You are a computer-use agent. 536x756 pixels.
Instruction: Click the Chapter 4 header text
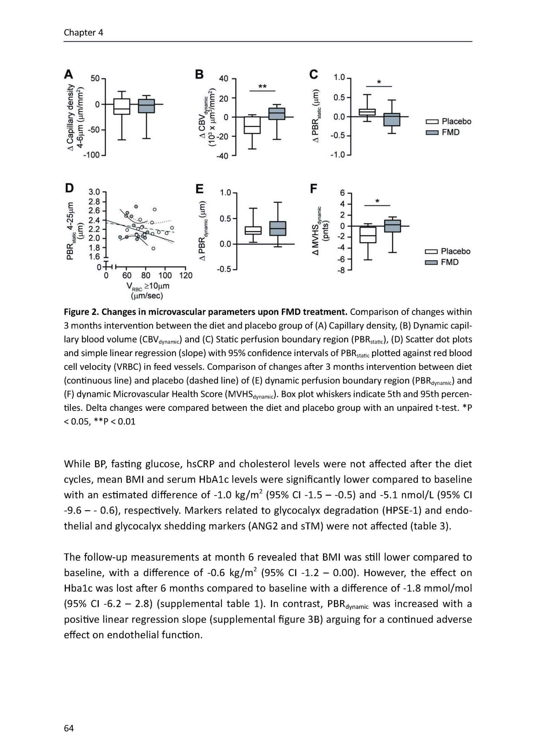pyautogui.click(x=84, y=32)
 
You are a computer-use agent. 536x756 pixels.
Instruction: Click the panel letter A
pyautogui.click(x=68, y=74)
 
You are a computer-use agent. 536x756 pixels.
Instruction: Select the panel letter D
pyautogui.click(x=69, y=188)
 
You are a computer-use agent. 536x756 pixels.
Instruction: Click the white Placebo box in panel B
pyautogui.click(x=252, y=125)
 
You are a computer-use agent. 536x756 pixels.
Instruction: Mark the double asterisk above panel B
pyautogui.click(x=262, y=87)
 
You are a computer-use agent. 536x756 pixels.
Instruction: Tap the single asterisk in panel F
pyautogui.click(x=377, y=201)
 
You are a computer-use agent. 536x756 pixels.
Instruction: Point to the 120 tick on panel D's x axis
pyautogui.click(x=186, y=275)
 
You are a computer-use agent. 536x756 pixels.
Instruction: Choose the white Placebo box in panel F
pyautogui.click(x=368, y=235)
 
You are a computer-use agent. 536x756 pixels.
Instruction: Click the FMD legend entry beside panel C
pyautogui.click(x=443, y=132)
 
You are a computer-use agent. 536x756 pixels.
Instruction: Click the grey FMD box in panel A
pyautogui.click(x=146, y=106)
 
